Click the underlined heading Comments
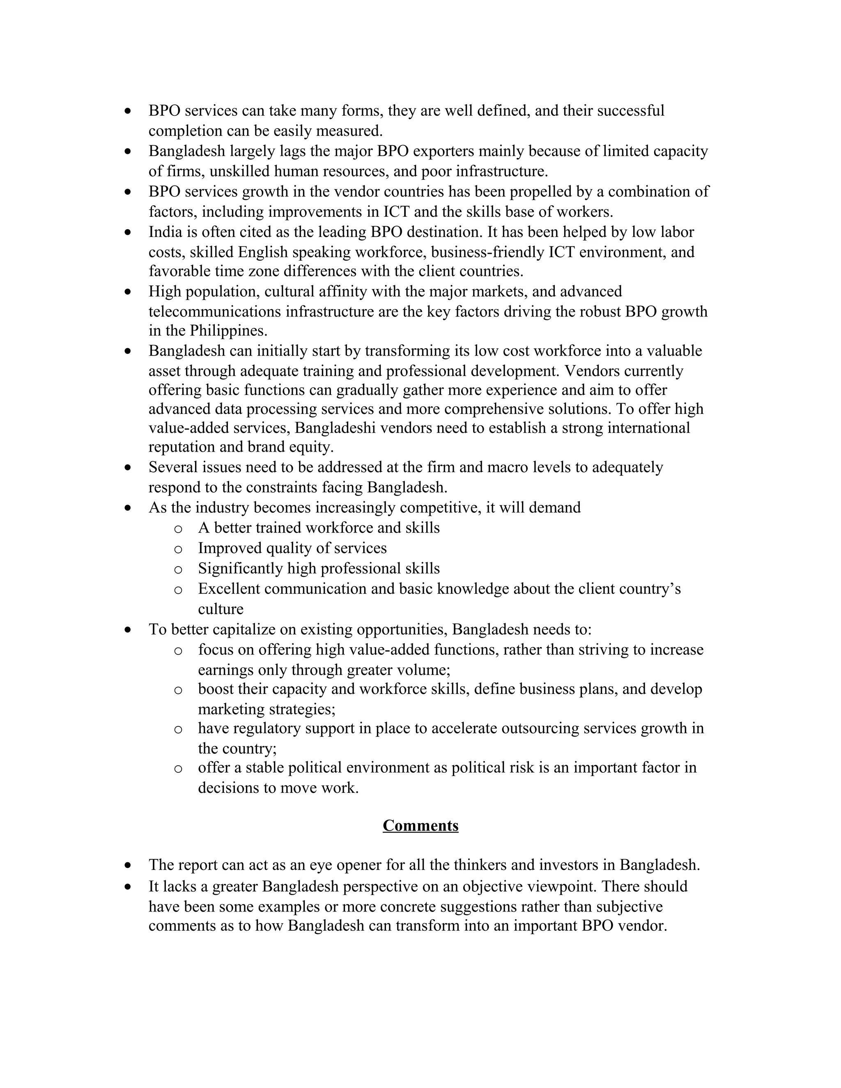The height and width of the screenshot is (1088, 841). [x=420, y=826]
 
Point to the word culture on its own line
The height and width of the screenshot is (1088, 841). [x=220, y=609]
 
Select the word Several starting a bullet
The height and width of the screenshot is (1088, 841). [x=171, y=467]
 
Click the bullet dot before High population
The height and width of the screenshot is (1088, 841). [x=129, y=292]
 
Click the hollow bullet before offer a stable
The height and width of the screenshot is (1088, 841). [x=178, y=769]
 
